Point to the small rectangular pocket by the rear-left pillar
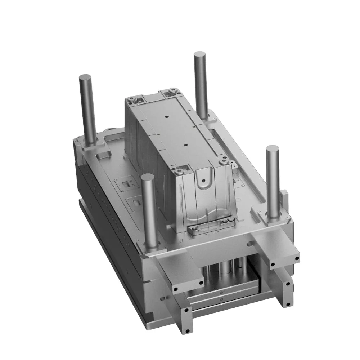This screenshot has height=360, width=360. tap(103, 154)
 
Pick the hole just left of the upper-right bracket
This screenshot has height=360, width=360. tap(248, 244)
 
